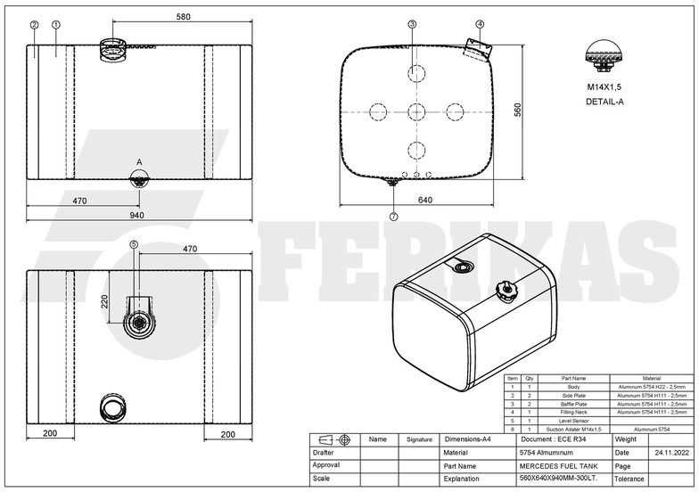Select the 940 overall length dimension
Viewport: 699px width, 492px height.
click(136, 216)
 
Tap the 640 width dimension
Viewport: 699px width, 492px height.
click(424, 201)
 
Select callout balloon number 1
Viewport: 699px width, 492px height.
click(55, 25)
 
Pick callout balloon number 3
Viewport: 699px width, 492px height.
click(412, 24)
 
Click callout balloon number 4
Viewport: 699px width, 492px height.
click(480, 24)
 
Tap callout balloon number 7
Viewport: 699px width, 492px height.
click(393, 216)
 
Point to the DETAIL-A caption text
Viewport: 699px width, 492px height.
click(605, 102)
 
